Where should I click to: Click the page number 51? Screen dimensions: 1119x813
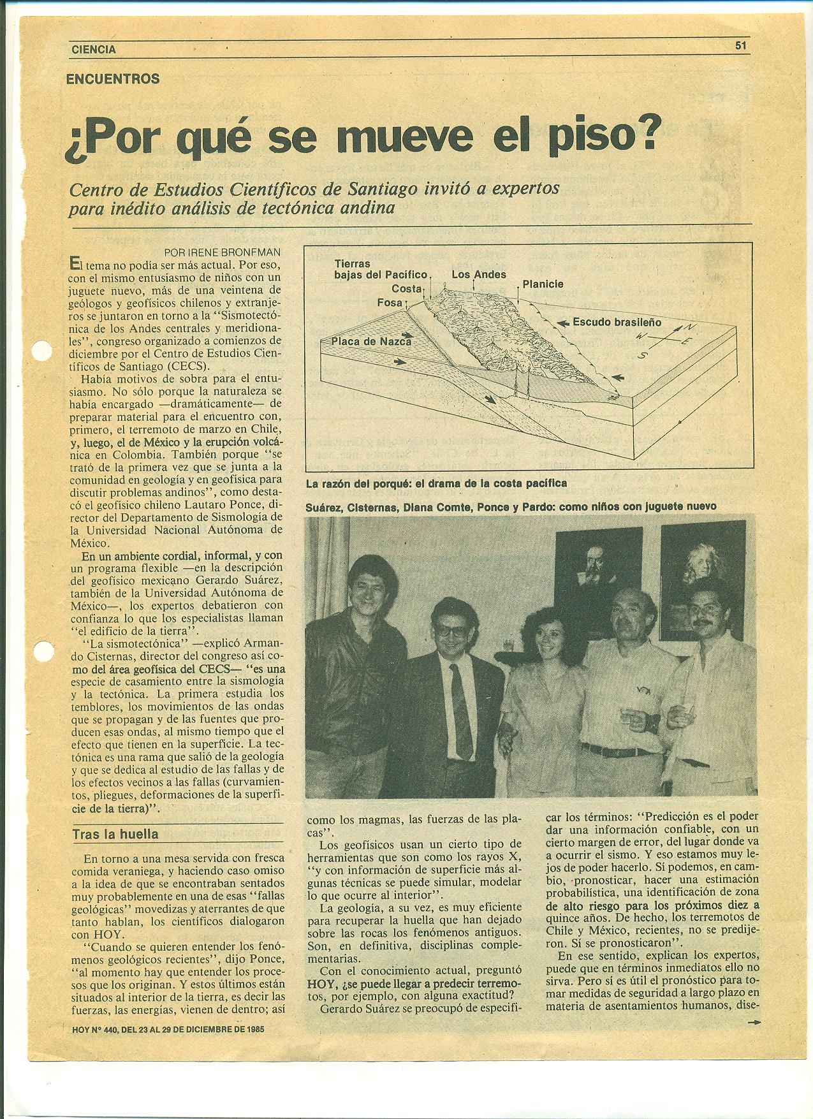pyautogui.click(x=740, y=45)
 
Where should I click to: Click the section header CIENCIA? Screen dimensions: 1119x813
pyautogui.click(x=93, y=49)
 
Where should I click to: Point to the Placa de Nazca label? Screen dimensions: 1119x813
pyautogui.click(x=371, y=342)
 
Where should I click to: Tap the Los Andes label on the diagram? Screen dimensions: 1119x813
pyautogui.click(x=478, y=275)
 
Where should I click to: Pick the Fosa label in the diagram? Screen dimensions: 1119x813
pyautogui.click(x=390, y=302)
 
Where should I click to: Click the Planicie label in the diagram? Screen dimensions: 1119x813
pyautogui.click(x=543, y=284)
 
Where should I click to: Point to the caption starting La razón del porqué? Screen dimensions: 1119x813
pyautogui.click(x=436, y=483)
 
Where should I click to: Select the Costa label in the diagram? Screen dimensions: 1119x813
pyautogui.click(x=407, y=289)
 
